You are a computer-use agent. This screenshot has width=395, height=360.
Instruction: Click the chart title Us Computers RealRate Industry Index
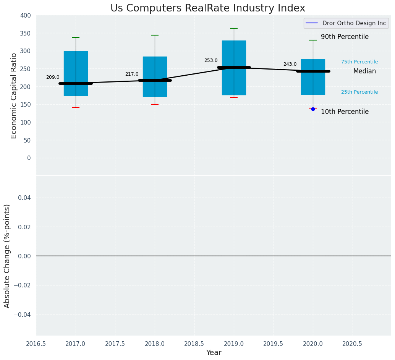click(207, 8)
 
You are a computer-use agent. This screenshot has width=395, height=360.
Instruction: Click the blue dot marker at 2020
click(313, 109)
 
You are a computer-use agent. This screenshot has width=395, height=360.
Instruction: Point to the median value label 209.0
click(53, 77)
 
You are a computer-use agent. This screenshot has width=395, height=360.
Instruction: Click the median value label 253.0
click(211, 60)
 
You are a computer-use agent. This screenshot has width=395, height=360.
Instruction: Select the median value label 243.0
click(290, 64)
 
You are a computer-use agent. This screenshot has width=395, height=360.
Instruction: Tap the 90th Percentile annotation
click(345, 37)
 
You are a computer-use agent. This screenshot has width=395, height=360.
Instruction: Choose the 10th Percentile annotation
click(345, 112)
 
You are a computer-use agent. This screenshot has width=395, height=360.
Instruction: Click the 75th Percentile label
click(359, 62)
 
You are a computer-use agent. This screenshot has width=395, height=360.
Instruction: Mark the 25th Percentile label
click(359, 92)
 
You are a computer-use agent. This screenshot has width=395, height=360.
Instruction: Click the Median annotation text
click(364, 71)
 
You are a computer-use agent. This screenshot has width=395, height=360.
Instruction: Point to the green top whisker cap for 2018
click(155, 35)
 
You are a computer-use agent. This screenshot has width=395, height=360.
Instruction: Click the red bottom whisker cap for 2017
click(76, 107)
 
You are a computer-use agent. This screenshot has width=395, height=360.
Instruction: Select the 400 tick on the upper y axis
click(26, 15)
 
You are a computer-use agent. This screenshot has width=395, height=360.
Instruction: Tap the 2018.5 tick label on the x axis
click(194, 344)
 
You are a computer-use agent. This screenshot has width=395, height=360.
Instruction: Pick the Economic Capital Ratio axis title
click(14, 96)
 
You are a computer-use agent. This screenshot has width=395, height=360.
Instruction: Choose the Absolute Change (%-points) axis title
click(7, 256)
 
